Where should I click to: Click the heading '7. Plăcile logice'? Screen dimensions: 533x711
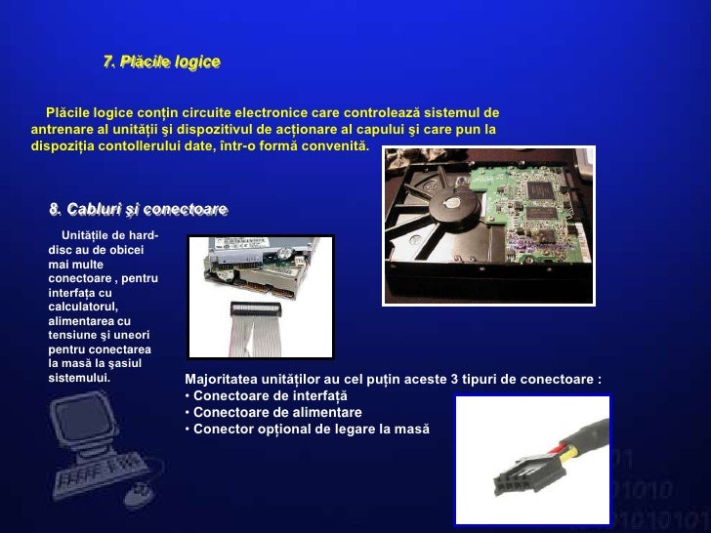click(x=161, y=62)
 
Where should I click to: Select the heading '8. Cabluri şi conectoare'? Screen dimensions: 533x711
click(x=138, y=209)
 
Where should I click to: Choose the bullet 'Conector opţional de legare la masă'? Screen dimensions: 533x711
click(x=311, y=429)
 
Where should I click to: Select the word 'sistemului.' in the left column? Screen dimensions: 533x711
click(x=79, y=377)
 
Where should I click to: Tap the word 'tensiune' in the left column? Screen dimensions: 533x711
click(x=73, y=335)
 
